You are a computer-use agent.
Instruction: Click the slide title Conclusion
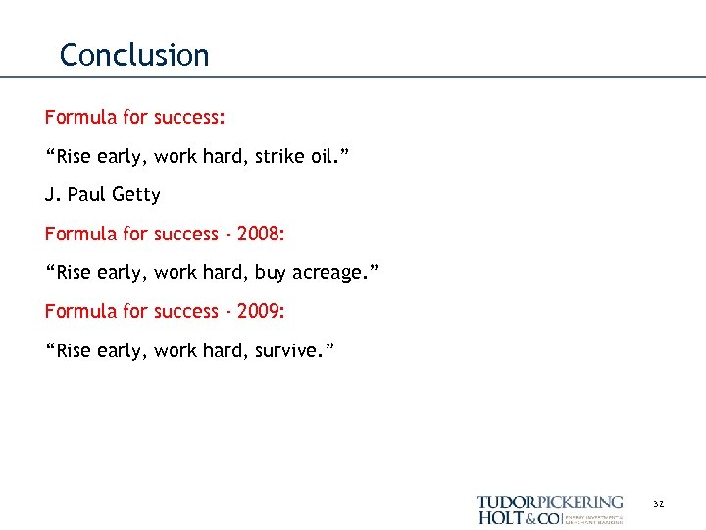pyautogui.click(x=134, y=55)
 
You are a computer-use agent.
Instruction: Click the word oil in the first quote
pyautogui.click(x=320, y=156)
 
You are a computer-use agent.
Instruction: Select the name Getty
pyautogui.click(x=136, y=194)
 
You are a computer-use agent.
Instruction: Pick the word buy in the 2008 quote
pyautogui.click(x=270, y=273)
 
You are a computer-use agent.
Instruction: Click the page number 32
pyautogui.click(x=658, y=503)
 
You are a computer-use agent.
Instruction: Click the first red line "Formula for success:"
pyautogui.click(x=135, y=118)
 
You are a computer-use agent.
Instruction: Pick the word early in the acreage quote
pyautogui.click(x=123, y=273)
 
